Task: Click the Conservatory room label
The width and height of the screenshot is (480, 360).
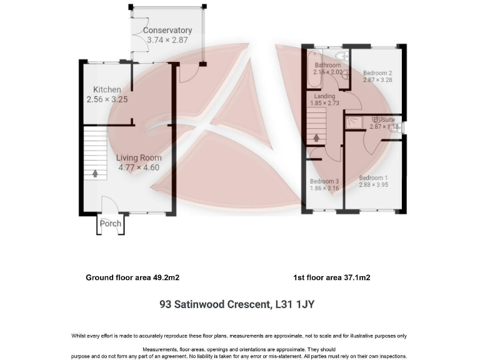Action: [x=167, y=30]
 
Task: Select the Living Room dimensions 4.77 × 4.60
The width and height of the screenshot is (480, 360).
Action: [x=139, y=167]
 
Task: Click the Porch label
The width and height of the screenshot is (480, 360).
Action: [x=111, y=224]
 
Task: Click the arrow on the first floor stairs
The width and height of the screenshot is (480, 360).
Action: [x=316, y=137]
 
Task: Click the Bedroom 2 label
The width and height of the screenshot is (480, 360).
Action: [x=377, y=72]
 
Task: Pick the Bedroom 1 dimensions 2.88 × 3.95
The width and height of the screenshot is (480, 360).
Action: [x=374, y=184]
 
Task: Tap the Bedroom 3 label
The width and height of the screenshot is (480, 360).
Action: [x=324, y=181]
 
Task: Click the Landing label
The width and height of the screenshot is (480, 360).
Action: [x=324, y=96]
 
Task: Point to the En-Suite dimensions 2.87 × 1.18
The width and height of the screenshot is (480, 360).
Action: [x=384, y=127]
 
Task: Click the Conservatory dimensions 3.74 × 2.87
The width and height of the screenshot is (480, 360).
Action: [x=167, y=40]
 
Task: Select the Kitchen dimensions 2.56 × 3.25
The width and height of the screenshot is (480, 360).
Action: [x=107, y=99]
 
